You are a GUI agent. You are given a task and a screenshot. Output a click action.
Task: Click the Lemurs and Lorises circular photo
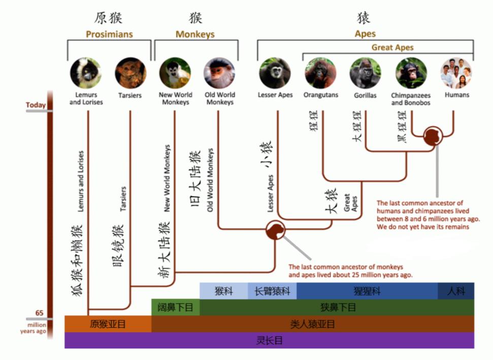[x=85, y=73]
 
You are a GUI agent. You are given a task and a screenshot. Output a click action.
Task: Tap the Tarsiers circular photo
[x=130, y=73]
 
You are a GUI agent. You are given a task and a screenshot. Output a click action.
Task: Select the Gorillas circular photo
[x=366, y=73]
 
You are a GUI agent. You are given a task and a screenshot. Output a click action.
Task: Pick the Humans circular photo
[x=456, y=73]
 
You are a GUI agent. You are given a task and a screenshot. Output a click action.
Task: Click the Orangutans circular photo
[x=320, y=73]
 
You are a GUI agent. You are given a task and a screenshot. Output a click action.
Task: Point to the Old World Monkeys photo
[x=219, y=73]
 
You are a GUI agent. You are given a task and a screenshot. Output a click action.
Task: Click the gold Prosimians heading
[x=110, y=34]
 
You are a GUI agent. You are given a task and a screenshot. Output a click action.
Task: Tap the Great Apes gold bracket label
[x=392, y=48]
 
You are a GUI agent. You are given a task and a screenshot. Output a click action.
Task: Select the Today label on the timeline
[x=36, y=105]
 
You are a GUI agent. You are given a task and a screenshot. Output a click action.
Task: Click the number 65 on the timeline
[x=39, y=313]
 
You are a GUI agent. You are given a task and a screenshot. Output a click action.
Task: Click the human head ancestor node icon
[x=433, y=136]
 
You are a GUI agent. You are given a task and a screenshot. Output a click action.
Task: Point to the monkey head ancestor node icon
[x=275, y=230]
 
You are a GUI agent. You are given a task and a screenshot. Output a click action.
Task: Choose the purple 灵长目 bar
[x=269, y=340]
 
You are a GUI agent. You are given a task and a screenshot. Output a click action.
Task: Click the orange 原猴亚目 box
[x=108, y=324]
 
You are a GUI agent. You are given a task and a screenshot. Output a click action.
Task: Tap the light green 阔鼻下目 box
[x=176, y=307]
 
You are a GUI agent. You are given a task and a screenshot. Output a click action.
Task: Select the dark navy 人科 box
[x=456, y=291]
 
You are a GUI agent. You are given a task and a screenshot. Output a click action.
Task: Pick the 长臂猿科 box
[x=272, y=291]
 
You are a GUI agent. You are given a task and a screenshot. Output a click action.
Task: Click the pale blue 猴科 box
[x=224, y=291]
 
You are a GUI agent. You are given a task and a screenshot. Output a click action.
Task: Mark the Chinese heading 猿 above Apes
[x=364, y=18]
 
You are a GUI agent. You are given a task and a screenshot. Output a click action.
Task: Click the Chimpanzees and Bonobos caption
[x=411, y=99]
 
